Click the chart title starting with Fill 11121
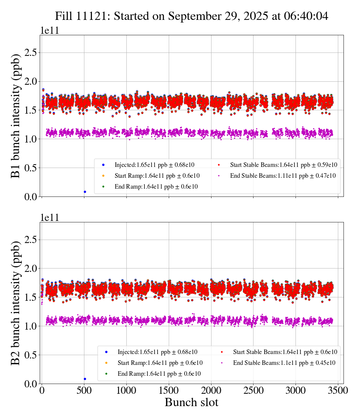point(192,16)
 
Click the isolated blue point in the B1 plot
point(85,192)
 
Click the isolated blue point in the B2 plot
point(85,379)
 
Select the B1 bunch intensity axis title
point(16,115)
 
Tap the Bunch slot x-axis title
point(191,402)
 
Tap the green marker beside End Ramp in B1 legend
point(103,186)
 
